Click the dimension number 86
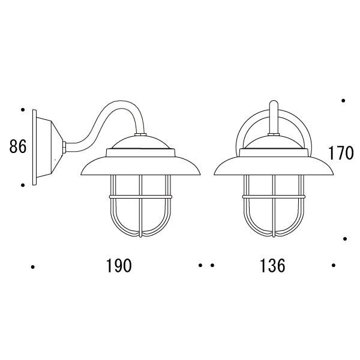tap(17, 147)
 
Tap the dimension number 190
tap(119, 266)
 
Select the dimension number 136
tap(272, 266)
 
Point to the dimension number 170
tap(341, 153)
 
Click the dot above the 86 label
tap(23, 110)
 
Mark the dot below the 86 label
tap(23, 185)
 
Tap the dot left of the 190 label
tap(33, 267)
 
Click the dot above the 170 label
tap(343, 101)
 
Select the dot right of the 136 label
tap(334, 265)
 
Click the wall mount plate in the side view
tap(34, 147)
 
